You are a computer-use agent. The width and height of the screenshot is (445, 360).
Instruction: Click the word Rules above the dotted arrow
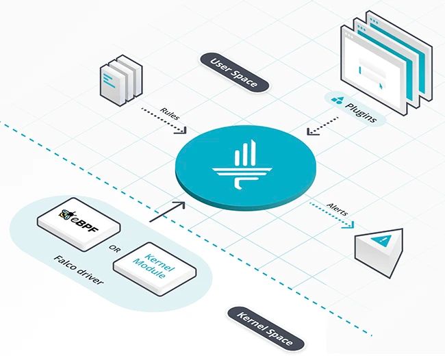click(170, 110)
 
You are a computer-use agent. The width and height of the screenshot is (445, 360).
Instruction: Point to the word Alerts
click(337, 209)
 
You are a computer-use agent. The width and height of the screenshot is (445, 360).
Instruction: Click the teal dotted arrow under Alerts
click(331, 216)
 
